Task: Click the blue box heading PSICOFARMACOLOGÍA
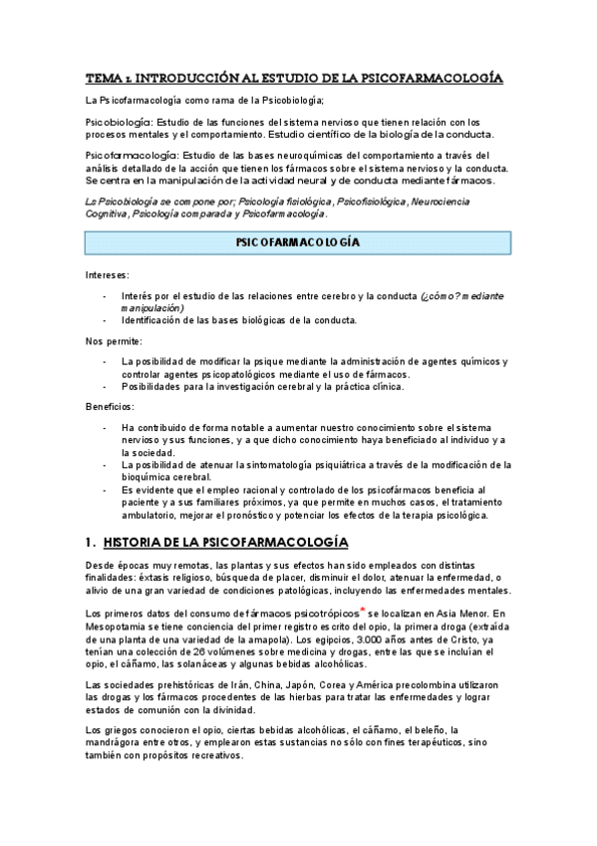[x=297, y=242]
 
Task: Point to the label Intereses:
[x=107, y=274]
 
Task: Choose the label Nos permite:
[x=114, y=341]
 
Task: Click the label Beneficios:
[x=112, y=406]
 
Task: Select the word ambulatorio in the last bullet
[x=149, y=516]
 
